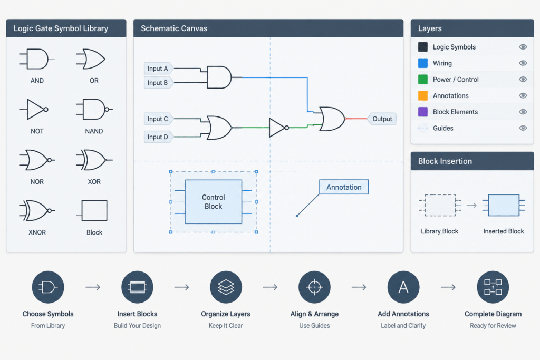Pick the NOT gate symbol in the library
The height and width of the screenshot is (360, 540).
pyautogui.click(x=34, y=110)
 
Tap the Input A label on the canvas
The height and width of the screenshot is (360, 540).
pyautogui.click(x=158, y=69)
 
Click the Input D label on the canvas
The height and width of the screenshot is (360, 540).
pyautogui.click(x=158, y=137)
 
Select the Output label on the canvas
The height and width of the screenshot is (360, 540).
pyautogui.click(x=382, y=119)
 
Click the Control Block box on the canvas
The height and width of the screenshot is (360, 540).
pyautogui.click(x=213, y=202)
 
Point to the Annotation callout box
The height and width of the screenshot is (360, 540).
pyautogui.click(x=344, y=187)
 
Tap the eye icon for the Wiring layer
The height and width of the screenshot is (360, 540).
pyautogui.click(x=523, y=63)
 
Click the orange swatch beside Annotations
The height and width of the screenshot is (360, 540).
pyautogui.click(x=423, y=95)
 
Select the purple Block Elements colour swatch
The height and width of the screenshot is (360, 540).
pyautogui.click(x=423, y=112)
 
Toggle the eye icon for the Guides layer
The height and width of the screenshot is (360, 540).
pyautogui.click(x=523, y=128)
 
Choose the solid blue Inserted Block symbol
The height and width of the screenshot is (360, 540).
pyautogui.click(x=504, y=205)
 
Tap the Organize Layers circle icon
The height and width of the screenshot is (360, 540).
pyautogui.click(x=226, y=287)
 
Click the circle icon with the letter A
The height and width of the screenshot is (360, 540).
pyautogui.click(x=403, y=287)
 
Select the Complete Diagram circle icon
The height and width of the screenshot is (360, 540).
pyautogui.click(x=493, y=287)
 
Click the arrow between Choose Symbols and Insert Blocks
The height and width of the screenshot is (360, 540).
pyautogui.click(x=93, y=287)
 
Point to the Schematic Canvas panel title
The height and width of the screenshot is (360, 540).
pyautogui.click(x=174, y=28)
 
